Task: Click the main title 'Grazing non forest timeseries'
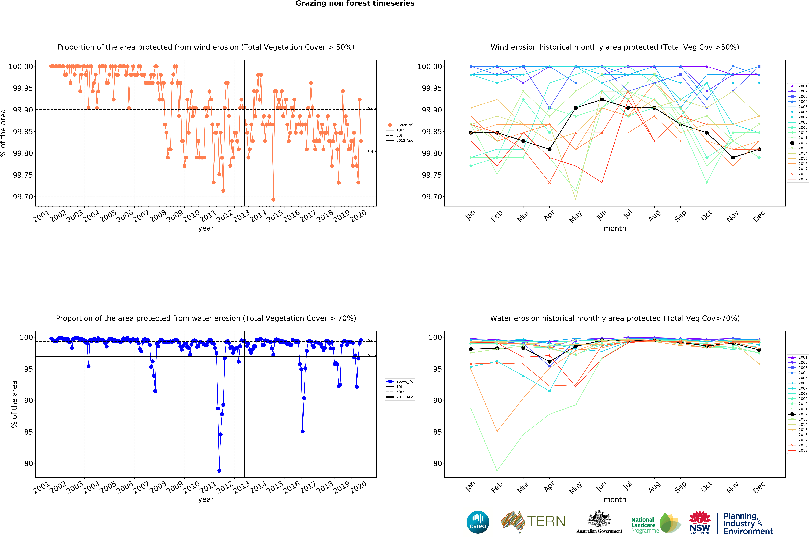coord(355,3)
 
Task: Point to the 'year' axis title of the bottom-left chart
coord(206,499)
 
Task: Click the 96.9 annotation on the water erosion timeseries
coord(372,355)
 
